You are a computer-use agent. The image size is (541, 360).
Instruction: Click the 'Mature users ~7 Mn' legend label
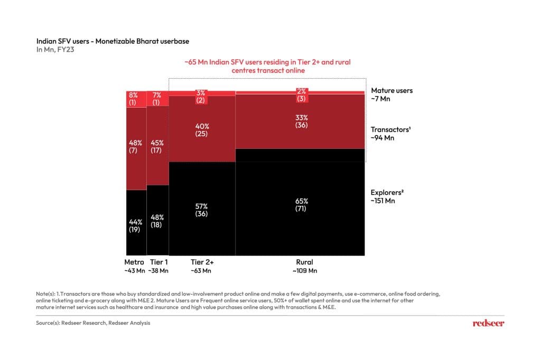pos(391,94)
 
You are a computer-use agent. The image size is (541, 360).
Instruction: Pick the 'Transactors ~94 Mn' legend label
pos(390,134)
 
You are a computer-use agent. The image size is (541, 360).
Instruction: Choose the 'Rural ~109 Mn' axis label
pos(304,266)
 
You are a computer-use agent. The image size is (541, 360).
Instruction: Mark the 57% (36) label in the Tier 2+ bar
pos(201,210)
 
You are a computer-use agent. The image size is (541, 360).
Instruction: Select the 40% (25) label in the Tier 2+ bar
pos(201,130)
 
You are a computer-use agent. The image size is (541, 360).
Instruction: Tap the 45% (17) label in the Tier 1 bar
pos(157,146)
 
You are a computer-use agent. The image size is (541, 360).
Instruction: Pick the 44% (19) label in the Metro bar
pos(135,225)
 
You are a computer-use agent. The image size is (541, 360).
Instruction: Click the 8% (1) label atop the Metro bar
pos(133,99)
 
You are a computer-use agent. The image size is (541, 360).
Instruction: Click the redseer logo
pos(488,323)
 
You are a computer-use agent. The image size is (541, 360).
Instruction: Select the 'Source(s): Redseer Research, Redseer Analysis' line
pos(89,323)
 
